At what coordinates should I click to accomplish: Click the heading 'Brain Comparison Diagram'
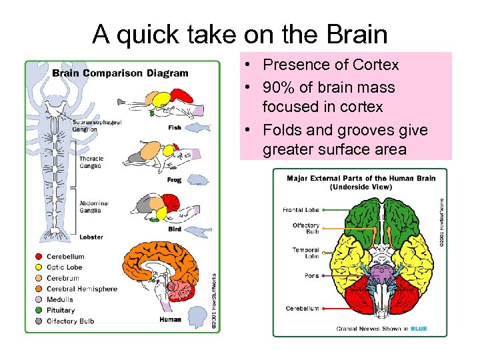point(120,73)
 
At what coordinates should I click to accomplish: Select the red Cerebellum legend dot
point(38,257)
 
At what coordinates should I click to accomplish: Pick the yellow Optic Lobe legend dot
point(38,267)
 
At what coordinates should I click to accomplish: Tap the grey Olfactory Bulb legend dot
point(38,321)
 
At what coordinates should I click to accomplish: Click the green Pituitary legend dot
point(38,311)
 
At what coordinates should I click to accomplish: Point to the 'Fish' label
point(175,127)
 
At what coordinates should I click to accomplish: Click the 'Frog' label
point(174,180)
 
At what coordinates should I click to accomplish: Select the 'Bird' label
point(174,229)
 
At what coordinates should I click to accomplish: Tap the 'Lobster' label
point(91,237)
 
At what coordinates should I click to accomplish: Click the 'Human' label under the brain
point(170,319)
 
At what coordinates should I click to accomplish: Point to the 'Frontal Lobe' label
point(301,210)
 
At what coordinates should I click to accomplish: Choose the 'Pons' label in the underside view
point(311,275)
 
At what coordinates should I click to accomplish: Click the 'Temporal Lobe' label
point(306,254)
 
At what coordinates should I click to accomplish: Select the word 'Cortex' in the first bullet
point(375,65)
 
